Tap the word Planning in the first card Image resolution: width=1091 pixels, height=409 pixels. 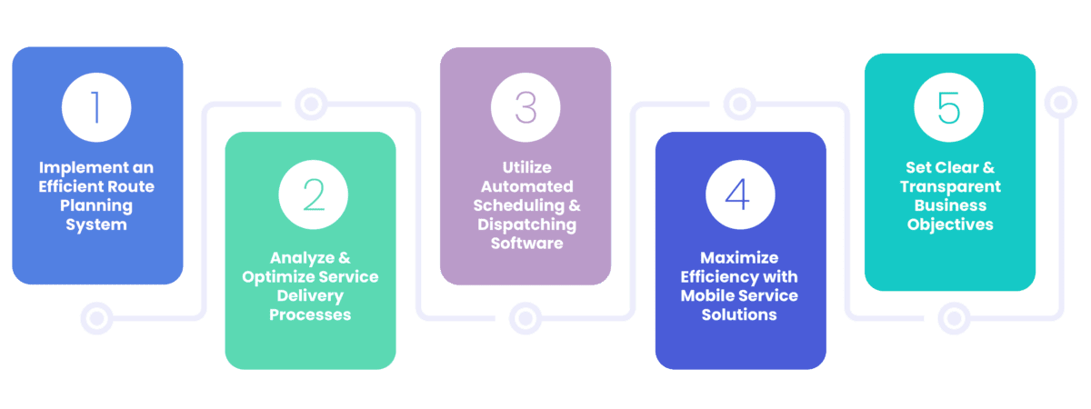pyautogui.click(x=95, y=205)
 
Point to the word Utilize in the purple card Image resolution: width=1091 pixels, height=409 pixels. pyautogui.click(x=525, y=168)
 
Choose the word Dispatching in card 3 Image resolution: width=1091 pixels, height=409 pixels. pyautogui.click(x=525, y=224)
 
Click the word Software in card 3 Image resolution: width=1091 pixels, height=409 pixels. pyautogui.click(x=525, y=243)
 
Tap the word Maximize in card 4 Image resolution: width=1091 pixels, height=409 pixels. pyautogui.click(x=738, y=257)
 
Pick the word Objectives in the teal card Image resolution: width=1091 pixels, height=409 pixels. pyautogui.click(x=950, y=224)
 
